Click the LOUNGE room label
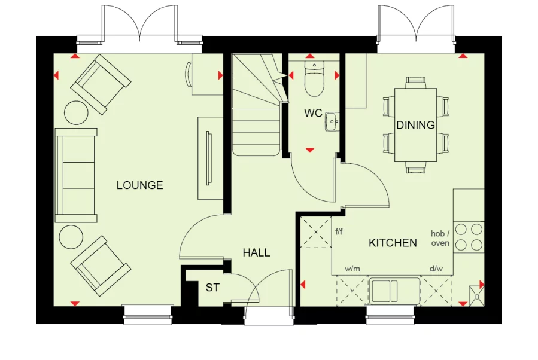click(139, 185)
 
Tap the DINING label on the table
click(415, 125)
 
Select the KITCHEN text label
click(393, 243)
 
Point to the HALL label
click(256, 253)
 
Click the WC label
click(313, 113)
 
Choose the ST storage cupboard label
click(212, 288)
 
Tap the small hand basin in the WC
click(333, 123)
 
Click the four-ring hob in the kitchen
click(469, 237)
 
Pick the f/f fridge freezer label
click(339, 232)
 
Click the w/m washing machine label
click(352, 269)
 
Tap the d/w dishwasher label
click(436, 269)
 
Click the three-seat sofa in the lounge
click(75, 175)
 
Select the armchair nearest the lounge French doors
click(100, 84)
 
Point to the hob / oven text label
click(440, 239)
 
